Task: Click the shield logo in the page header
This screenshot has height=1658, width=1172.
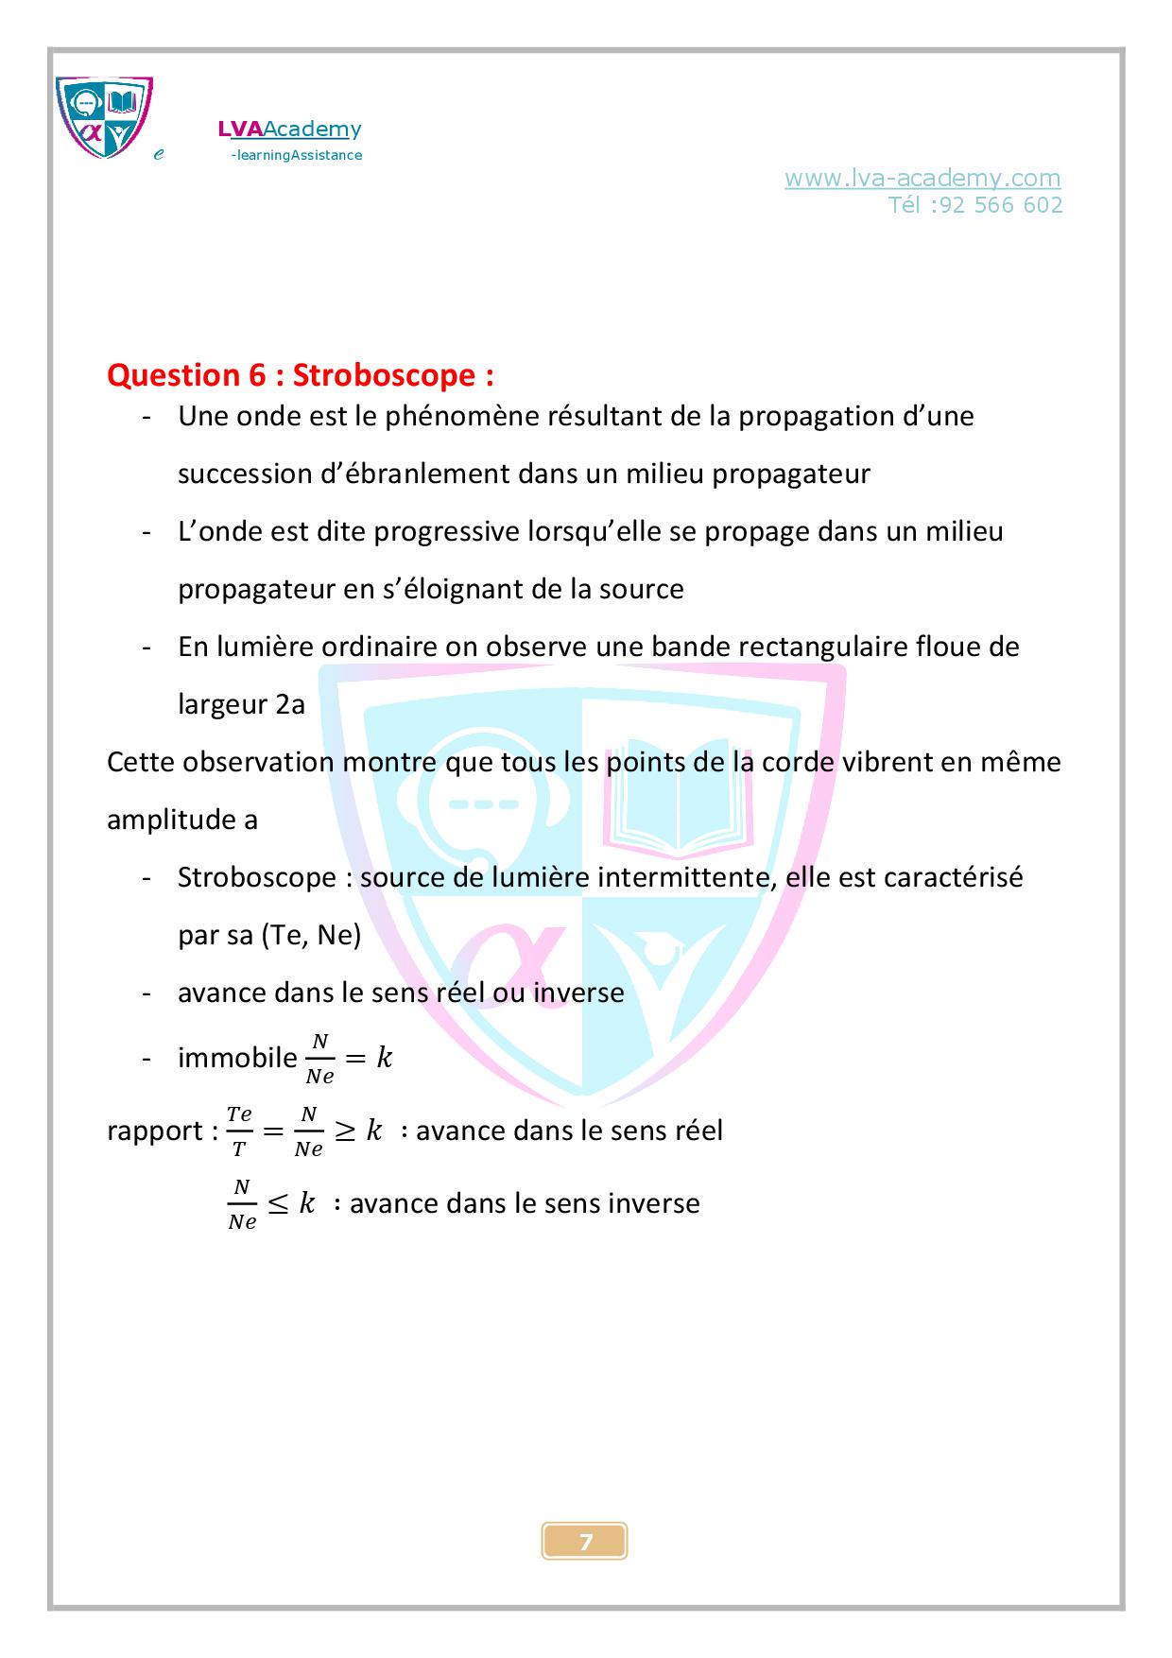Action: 104,117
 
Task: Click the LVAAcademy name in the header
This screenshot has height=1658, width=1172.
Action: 289,130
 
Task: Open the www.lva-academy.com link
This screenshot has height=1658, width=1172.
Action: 922,178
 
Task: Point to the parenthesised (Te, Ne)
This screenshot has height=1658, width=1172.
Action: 311,935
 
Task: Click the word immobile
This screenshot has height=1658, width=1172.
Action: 237,1058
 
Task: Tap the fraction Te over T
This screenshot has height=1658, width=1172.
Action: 240,1131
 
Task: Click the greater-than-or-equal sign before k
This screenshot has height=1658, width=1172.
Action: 345,1131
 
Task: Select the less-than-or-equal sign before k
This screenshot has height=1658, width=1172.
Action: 278,1203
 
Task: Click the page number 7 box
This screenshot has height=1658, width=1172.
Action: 585,1542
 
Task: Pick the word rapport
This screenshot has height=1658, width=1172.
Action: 155,1131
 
